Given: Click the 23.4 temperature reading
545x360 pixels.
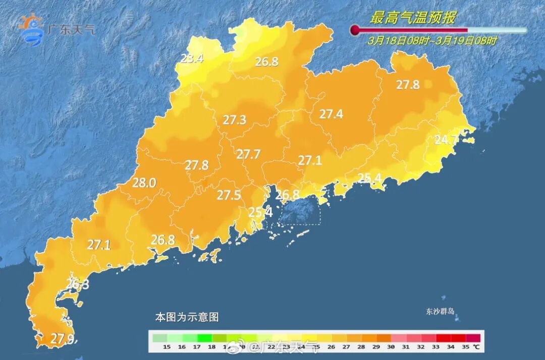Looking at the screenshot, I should [192, 59].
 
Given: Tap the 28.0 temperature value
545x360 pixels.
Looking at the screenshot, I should [144, 183].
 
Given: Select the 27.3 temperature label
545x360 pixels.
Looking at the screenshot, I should [235, 120].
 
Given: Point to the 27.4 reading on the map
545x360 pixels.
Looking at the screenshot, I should [331, 114].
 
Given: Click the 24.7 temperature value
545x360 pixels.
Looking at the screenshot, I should [447, 139].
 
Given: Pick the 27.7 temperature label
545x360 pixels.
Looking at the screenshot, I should [248, 154].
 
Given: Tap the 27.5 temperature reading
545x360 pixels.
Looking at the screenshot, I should [229, 195].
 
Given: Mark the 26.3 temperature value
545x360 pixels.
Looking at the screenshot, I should [78, 285].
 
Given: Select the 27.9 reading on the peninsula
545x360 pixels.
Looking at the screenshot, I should [63, 339].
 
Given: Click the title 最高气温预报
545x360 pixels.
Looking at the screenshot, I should [412, 18].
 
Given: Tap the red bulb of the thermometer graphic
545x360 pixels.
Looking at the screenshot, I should [355, 30].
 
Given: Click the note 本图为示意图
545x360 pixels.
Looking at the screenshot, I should [187, 317].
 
